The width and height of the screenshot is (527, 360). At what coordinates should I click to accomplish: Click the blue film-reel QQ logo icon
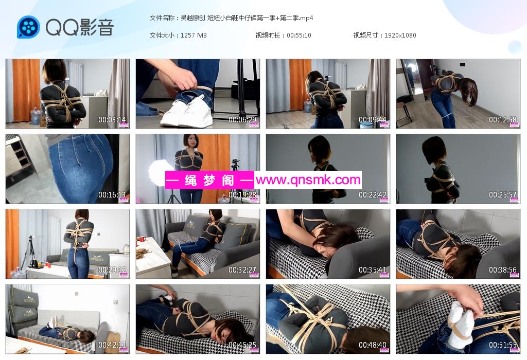point(28,27)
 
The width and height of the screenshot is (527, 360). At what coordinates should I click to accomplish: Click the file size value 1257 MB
point(194,35)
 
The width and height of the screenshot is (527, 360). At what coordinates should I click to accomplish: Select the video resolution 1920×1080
point(400,35)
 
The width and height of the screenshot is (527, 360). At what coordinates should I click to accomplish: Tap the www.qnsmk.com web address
point(308,180)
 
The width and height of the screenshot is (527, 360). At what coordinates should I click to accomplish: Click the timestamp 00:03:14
point(112,119)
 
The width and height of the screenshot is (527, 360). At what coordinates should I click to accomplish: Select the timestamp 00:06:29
point(242,119)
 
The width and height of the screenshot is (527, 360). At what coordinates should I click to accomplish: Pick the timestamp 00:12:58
point(502,119)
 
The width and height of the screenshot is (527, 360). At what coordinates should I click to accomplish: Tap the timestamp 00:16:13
point(112,195)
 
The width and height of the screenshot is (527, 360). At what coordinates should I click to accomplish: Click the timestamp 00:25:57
point(502,195)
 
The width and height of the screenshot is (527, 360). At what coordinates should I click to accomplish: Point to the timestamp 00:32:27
point(242,269)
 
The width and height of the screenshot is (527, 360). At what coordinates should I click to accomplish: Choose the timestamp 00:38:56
point(502,269)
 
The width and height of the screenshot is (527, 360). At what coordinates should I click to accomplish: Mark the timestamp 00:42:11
point(112,345)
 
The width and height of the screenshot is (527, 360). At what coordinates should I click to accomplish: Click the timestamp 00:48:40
point(373,345)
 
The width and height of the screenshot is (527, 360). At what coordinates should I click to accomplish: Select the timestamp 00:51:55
point(502,345)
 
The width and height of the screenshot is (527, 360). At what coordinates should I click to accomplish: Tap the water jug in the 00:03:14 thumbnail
point(35,116)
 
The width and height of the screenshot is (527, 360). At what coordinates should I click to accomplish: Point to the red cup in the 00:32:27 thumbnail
point(142,239)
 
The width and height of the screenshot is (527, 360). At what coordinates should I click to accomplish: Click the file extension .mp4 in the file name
point(306,18)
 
